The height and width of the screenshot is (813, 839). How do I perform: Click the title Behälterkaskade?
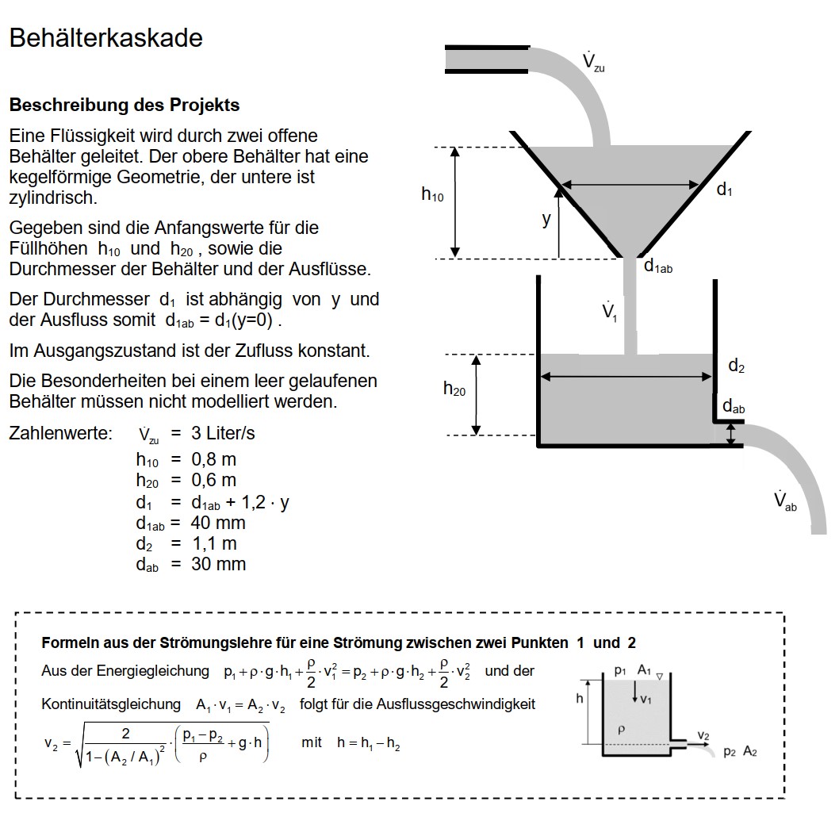pyautogui.click(x=105, y=38)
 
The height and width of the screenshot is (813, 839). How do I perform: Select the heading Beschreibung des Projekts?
pyautogui.click(x=125, y=105)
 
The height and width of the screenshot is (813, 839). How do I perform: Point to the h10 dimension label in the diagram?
pyautogui.click(x=432, y=194)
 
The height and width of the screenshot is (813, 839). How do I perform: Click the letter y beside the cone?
pyautogui.click(x=546, y=220)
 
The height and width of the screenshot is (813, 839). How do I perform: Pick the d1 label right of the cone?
pyautogui.click(x=724, y=190)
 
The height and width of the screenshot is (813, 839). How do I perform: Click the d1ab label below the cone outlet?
pyautogui.click(x=657, y=267)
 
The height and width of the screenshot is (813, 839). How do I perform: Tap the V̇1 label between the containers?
pyautogui.click(x=609, y=312)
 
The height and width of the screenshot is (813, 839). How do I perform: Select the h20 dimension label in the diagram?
pyautogui.click(x=454, y=389)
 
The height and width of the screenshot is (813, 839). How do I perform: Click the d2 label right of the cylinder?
pyautogui.click(x=736, y=366)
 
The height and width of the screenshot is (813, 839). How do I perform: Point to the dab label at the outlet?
pyautogui.click(x=733, y=407)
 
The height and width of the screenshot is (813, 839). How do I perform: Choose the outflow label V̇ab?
pyautogui.click(x=785, y=501)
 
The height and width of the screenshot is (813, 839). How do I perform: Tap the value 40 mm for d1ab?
pyautogui.click(x=218, y=523)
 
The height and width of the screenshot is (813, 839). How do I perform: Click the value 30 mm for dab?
pyautogui.click(x=218, y=564)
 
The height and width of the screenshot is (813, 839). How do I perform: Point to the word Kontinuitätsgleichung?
pyautogui.click(x=111, y=704)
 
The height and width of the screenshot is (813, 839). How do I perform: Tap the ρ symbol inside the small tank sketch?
pyautogui.click(x=622, y=728)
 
